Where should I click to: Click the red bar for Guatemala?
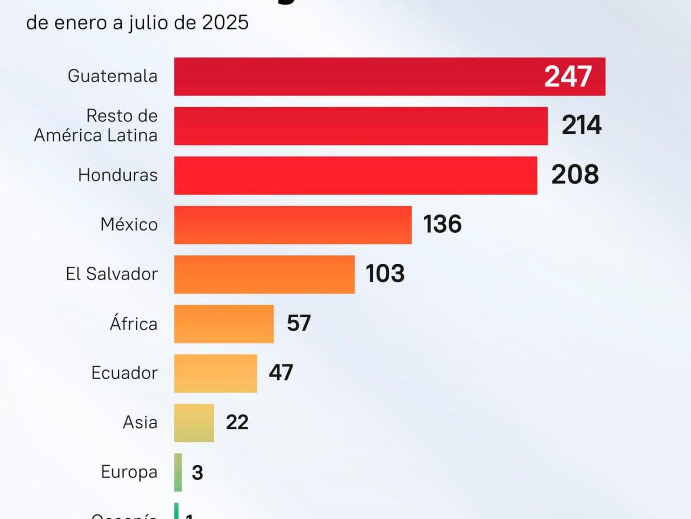[x=360, y=76]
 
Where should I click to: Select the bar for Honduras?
[x=356, y=175]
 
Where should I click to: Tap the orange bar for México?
[x=293, y=225]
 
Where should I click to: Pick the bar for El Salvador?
[x=264, y=274]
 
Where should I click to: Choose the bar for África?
[x=224, y=324]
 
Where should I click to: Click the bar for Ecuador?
[x=216, y=373]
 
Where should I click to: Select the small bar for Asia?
[x=194, y=423]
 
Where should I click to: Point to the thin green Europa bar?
[x=178, y=472]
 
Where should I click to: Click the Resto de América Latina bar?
[x=361, y=126]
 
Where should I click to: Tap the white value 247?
[x=568, y=76]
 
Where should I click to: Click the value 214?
[x=581, y=125]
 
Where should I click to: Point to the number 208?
[x=575, y=175]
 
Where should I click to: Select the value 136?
[x=442, y=224]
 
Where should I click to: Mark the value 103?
[x=385, y=273]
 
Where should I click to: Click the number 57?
[x=298, y=323]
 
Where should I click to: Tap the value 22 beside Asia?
[x=237, y=422]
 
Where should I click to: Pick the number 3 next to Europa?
[x=197, y=472]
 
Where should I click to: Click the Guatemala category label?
[x=113, y=76]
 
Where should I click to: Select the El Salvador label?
[x=112, y=274]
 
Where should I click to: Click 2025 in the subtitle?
[x=225, y=22]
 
